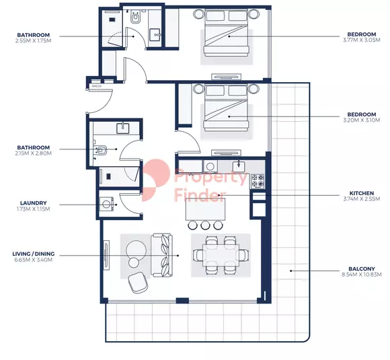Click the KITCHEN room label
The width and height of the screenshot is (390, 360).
361,193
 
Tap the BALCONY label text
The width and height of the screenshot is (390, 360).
361,269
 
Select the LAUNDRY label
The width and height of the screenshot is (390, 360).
34,203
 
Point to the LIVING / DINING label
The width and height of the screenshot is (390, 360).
34,254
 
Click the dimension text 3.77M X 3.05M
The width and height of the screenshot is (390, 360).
361,40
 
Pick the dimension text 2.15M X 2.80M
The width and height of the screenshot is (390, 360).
34,153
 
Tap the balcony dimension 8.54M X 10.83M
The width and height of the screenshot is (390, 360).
361,275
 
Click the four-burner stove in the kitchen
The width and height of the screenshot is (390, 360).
258,181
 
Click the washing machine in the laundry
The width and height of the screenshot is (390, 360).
106,205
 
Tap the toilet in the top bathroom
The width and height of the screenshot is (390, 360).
136,17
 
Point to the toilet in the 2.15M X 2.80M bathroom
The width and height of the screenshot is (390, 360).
100,150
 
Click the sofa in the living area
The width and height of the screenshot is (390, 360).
162,255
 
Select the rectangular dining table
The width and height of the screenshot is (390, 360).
221,255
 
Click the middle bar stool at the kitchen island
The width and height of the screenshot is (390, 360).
205,225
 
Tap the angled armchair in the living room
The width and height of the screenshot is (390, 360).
138,283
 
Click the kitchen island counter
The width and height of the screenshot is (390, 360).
206,209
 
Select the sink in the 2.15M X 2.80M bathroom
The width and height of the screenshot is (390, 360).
123,129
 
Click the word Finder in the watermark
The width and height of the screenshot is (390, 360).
200,194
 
